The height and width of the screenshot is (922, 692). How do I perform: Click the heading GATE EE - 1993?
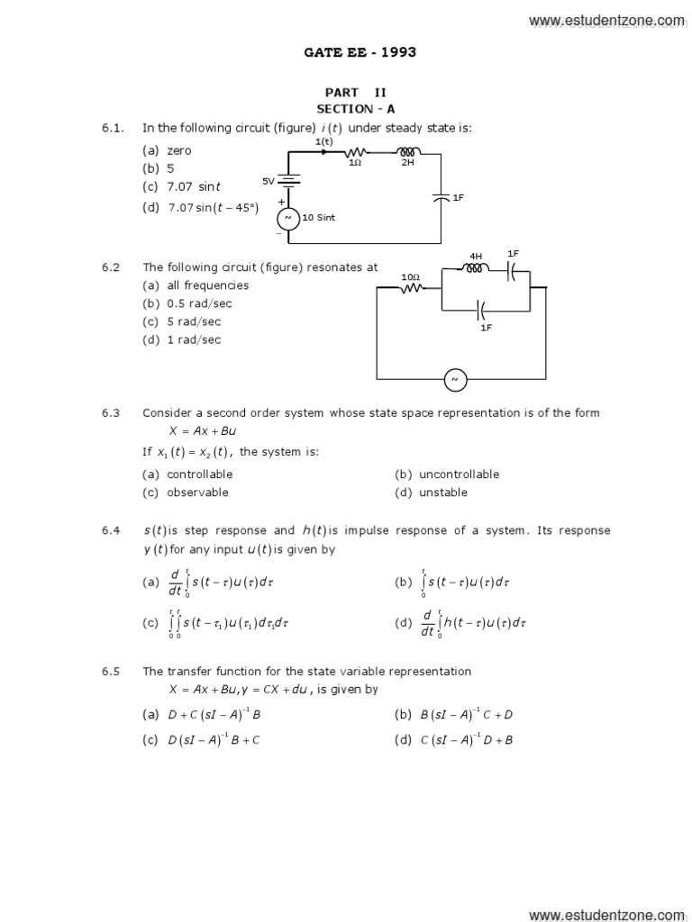tap(360, 52)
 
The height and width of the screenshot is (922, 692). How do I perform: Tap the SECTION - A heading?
tap(356, 108)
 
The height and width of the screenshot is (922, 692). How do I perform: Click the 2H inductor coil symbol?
tap(407, 153)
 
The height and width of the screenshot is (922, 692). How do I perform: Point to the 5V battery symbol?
tap(290, 181)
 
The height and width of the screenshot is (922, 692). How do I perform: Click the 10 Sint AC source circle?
tap(289, 218)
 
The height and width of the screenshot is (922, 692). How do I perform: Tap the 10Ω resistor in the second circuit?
tap(413, 288)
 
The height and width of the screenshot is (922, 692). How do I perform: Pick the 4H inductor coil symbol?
tap(476, 267)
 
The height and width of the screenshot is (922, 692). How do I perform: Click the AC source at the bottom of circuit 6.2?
tap(455, 380)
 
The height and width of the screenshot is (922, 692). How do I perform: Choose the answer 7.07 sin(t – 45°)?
tap(213, 208)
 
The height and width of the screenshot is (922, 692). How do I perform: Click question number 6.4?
tap(111, 530)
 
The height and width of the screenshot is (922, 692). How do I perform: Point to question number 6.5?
tap(111, 671)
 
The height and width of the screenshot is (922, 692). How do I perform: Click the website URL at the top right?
tap(606, 20)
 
